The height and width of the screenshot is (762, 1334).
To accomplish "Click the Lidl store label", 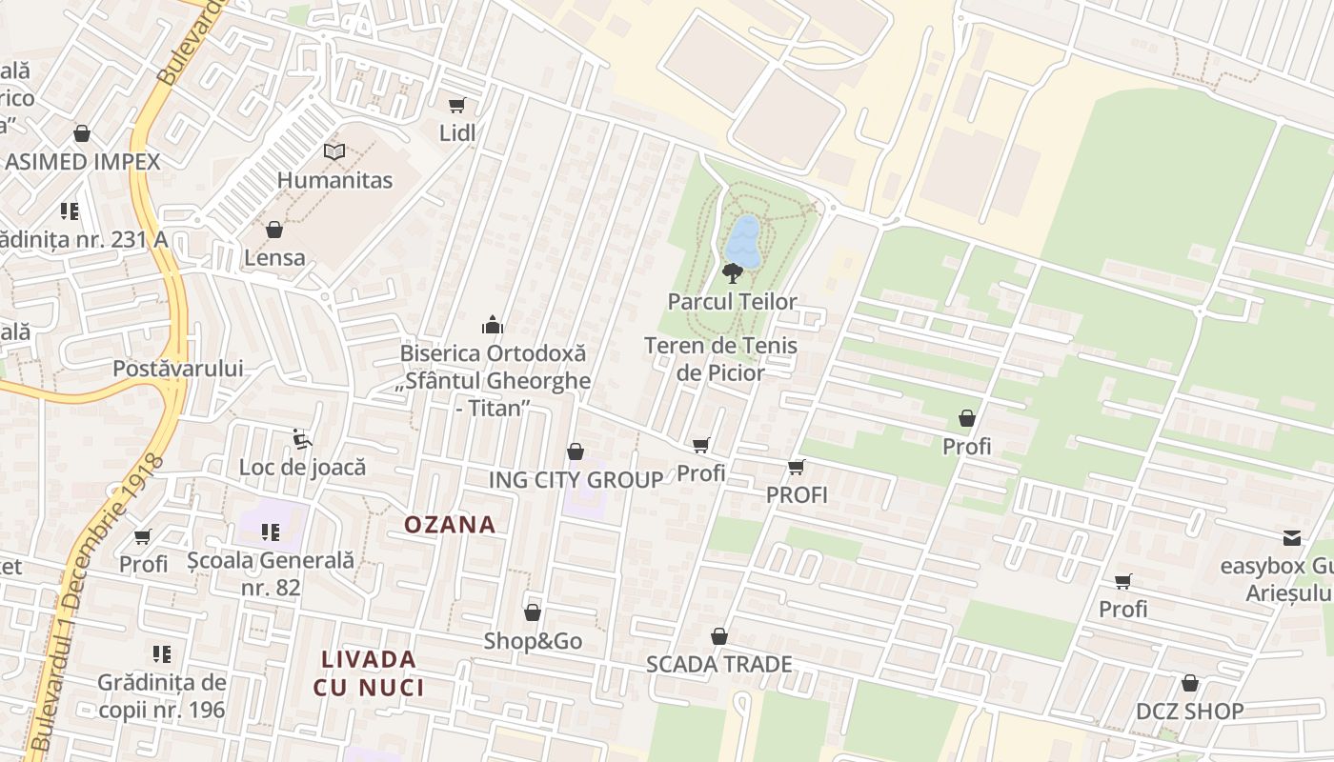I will (457, 132).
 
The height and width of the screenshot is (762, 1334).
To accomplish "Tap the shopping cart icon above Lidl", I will (457, 105).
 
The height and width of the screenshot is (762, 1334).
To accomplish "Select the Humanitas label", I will (334, 179).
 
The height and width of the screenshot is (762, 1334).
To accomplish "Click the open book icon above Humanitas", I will (333, 151).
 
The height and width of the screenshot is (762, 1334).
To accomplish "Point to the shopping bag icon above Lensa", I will (274, 230).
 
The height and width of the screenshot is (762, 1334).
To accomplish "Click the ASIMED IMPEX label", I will (83, 161).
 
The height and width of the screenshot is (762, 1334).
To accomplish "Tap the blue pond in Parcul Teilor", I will (743, 240).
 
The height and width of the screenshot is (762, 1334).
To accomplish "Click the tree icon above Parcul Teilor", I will (733, 273).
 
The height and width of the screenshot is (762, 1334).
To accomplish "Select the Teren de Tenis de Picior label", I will (720, 358).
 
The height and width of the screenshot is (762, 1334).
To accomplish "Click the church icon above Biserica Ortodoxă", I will (493, 325).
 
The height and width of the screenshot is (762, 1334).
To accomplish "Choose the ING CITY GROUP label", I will (576, 479).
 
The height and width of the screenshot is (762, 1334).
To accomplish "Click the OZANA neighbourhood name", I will (450, 524).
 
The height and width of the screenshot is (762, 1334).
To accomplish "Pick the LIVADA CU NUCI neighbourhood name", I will (368, 672).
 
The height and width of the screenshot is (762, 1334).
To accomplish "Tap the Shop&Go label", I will (533, 641).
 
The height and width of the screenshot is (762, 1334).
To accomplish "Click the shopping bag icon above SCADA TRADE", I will (719, 636).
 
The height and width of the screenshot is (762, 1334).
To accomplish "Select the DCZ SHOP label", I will (1189, 711).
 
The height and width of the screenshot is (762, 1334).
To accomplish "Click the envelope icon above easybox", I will (1292, 538).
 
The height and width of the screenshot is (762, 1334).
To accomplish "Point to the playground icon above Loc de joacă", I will (302, 439).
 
